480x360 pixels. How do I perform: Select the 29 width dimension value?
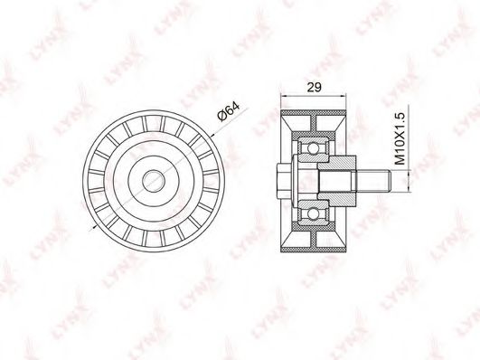[x=315, y=88]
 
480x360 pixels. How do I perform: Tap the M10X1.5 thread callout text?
[x=400, y=138]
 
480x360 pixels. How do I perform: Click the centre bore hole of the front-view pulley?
[x=154, y=181]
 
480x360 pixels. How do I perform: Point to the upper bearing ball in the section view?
[x=313, y=148]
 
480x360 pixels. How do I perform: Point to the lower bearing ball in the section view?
[x=313, y=213]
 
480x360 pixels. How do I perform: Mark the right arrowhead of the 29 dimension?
[x=343, y=96]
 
